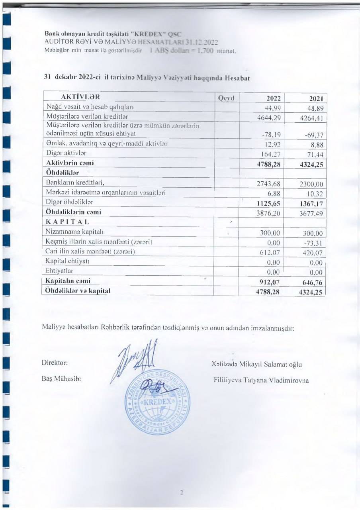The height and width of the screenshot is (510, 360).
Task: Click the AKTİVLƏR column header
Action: pyautogui.click(x=80, y=97)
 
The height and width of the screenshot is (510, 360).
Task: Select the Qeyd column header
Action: pyautogui.click(x=227, y=98)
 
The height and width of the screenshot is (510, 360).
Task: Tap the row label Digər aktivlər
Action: pyautogui.click(x=66, y=153)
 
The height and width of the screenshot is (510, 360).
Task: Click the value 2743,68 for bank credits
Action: pyautogui.click(x=270, y=184)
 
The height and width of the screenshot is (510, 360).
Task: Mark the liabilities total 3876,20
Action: pyautogui.click(x=270, y=213)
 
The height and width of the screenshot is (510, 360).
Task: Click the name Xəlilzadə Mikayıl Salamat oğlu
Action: pyautogui.click(x=257, y=365)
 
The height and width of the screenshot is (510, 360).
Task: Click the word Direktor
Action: pyautogui.click(x=55, y=363)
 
